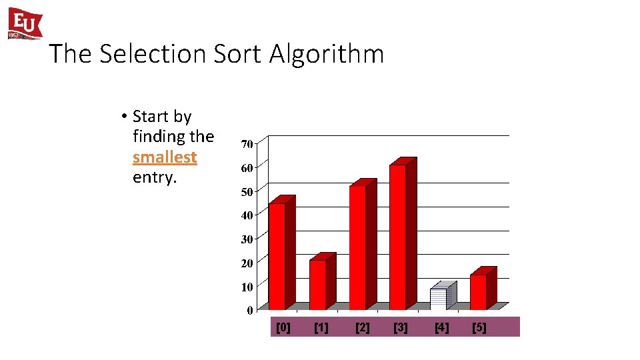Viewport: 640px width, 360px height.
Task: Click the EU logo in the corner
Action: [25, 24]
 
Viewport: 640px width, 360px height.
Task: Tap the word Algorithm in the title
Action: [327, 54]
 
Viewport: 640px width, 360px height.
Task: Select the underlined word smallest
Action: [165, 157]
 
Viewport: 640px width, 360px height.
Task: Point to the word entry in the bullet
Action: [153, 178]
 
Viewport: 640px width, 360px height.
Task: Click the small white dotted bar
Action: [439, 298]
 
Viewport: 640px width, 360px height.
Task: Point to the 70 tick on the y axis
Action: [246, 144]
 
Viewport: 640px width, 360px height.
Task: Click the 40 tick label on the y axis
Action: [246, 215]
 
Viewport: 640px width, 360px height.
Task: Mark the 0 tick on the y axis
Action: [249, 311]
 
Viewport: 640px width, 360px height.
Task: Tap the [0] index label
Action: [283, 327]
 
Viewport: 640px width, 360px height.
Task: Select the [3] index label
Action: [401, 327]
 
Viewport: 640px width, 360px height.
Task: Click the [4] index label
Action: [441, 327]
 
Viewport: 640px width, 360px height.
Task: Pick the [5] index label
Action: [479, 327]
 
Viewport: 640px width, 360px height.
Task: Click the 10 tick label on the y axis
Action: [246, 287]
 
